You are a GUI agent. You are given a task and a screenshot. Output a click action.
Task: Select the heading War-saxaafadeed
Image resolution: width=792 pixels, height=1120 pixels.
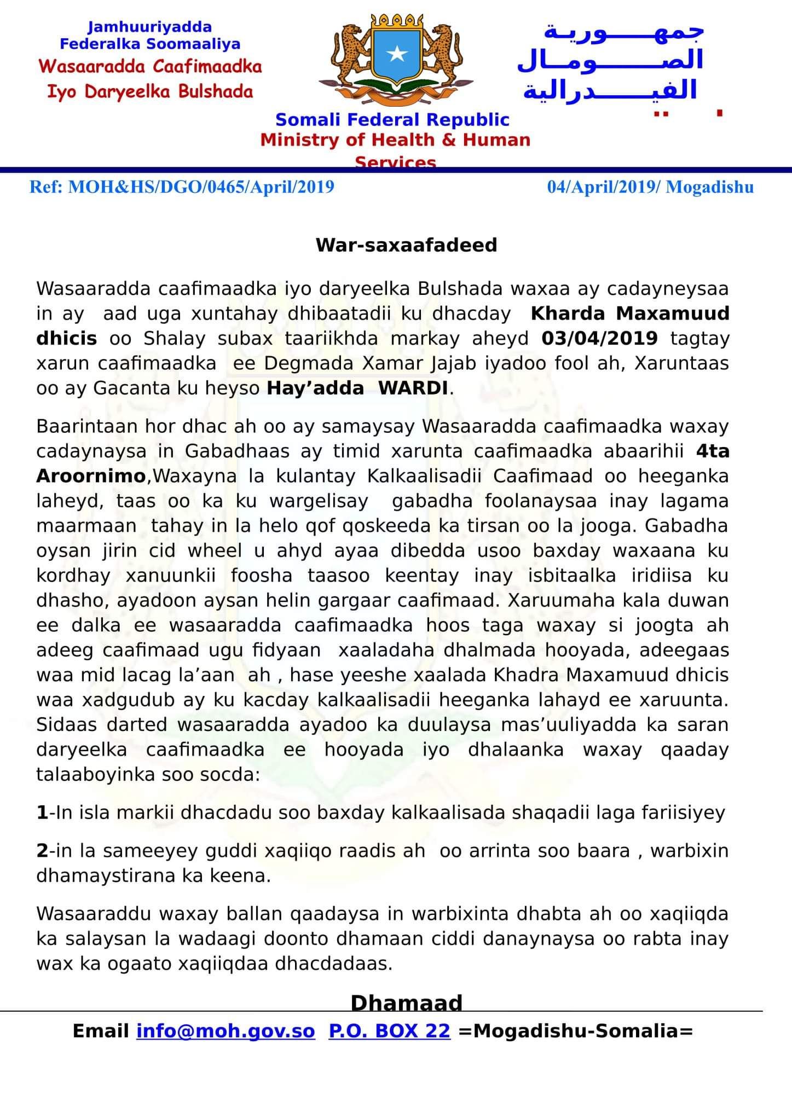(406, 245)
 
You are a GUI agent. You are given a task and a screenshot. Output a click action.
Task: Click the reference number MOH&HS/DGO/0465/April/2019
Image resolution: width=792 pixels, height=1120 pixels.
(200, 187)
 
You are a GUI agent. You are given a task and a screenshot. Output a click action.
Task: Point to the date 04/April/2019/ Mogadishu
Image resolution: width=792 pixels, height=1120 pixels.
(650, 187)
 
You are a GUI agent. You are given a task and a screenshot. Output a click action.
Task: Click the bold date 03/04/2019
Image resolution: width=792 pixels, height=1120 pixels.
(599, 338)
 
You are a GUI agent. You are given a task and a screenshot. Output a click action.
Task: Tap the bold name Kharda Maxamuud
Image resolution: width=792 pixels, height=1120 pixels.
(630, 314)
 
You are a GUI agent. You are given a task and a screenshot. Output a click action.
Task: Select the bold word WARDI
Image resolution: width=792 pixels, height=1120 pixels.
(413, 388)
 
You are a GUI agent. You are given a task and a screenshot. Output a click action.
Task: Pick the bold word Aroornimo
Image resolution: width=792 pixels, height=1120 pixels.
(91, 476)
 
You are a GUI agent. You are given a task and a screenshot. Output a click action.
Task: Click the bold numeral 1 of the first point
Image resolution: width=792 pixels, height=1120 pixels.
(42, 813)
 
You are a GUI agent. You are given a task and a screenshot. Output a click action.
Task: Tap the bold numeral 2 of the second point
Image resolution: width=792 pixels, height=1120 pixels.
(42, 851)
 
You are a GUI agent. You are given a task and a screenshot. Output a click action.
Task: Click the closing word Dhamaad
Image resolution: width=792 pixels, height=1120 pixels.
(406, 1002)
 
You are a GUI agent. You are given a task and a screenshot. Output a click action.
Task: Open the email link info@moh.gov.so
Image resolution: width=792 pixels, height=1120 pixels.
(226, 1031)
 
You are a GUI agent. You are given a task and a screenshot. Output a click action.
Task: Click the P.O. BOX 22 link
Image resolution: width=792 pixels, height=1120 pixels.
(389, 1031)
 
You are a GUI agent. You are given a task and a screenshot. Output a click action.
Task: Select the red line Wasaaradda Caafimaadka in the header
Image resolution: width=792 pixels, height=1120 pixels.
(150, 67)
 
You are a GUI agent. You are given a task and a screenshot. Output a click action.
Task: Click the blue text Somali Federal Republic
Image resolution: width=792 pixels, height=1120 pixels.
(392, 119)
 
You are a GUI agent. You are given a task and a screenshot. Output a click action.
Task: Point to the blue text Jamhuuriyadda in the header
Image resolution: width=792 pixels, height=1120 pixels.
(150, 27)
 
